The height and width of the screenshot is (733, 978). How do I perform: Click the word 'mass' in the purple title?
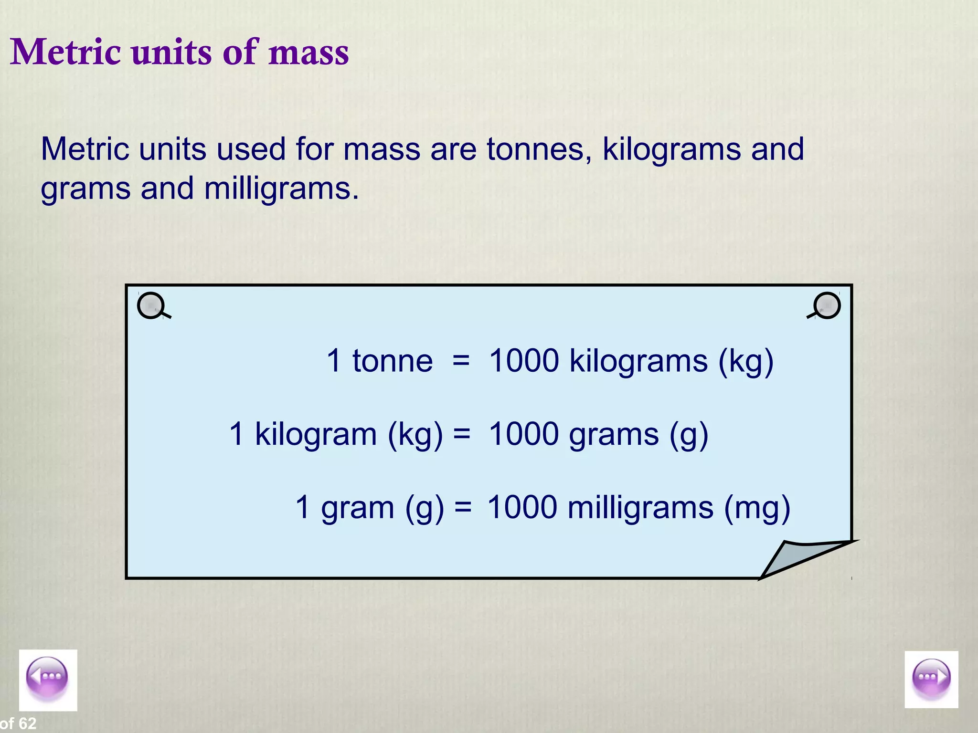[308, 52]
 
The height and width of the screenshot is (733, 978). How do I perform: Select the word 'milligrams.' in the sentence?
[281, 188]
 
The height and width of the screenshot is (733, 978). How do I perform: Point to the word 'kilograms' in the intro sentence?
[671, 149]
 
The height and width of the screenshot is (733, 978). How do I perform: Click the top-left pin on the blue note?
[151, 305]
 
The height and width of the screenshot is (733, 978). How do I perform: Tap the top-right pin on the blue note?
[827, 305]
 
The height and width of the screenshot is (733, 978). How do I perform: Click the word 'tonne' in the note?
[393, 361]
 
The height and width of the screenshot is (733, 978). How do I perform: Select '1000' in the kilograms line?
[524, 361]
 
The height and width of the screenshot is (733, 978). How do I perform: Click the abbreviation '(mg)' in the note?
[757, 508]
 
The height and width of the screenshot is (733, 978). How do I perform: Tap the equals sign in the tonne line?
[461, 361]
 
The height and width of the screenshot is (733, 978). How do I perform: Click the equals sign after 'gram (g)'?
[463, 508]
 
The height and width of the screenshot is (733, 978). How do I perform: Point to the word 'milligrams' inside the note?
[640, 508]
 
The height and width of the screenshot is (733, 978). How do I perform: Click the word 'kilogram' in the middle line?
[316, 434]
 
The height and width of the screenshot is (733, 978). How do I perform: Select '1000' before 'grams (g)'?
[524, 434]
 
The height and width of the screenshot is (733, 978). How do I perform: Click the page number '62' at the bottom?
[28, 723]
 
